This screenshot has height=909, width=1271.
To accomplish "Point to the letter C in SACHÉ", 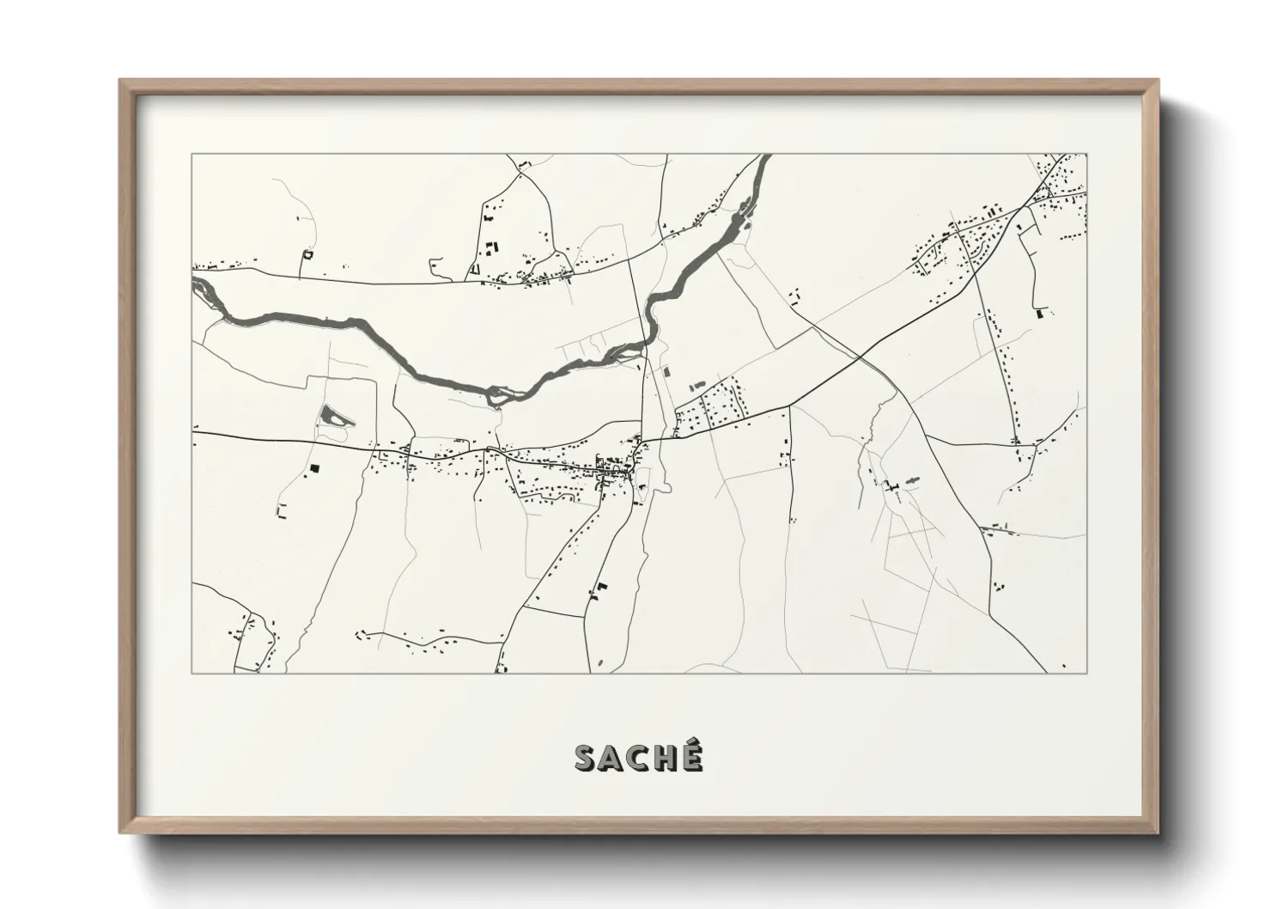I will coord(638,758).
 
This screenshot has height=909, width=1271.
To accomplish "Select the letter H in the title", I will coord(664,758).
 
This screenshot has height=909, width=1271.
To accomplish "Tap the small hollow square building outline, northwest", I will coord(307,254).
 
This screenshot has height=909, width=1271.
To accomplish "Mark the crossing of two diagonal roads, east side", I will coord(861,355).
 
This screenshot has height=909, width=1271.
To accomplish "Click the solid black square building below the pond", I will coord(314,468).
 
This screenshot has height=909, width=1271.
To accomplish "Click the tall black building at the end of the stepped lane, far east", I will coord(1043,314).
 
